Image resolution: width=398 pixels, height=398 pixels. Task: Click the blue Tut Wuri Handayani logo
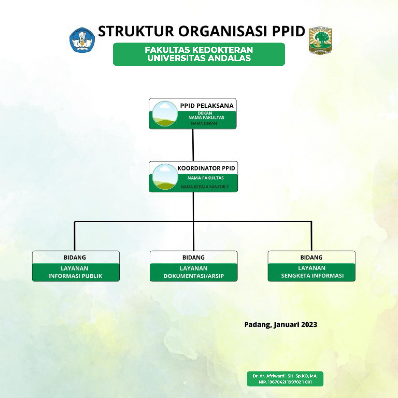click(82, 40)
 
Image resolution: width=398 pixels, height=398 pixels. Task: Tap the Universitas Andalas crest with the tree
click(320, 40)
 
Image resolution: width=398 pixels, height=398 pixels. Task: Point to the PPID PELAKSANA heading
click(207, 106)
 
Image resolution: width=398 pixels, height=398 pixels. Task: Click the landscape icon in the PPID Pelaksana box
click(165, 113)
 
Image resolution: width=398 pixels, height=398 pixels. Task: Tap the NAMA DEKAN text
click(204, 124)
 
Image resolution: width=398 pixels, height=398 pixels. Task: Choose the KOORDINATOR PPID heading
click(206, 168)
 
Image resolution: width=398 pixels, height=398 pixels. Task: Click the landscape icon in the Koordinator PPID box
click(165, 176)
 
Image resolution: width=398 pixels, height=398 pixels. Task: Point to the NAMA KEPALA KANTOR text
click(205, 187)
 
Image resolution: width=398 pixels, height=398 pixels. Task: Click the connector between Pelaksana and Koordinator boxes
click(193, 145)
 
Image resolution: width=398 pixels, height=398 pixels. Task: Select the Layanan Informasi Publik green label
click(75, 272)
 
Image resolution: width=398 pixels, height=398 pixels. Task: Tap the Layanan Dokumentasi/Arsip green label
click(194, 272)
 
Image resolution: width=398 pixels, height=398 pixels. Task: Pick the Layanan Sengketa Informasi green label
click(312, 272)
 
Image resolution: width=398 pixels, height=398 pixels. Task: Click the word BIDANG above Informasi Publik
click(75, 257)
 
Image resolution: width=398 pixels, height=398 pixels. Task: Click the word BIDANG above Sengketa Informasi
click(311, 257)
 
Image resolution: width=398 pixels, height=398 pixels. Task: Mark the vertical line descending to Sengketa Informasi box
click(311, 236)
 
